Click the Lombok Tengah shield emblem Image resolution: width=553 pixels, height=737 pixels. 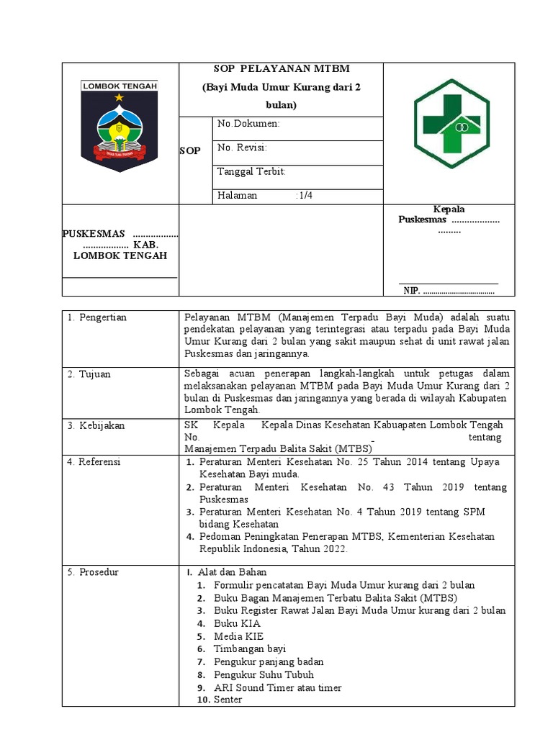[120, 125]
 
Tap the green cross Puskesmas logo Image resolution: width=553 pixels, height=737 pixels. [451, 123]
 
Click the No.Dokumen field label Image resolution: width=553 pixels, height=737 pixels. [248, 124]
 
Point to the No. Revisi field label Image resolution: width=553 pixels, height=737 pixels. [243, 148]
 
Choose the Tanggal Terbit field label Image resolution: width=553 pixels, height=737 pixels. [251, 171]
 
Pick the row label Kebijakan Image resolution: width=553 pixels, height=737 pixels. [96, 425]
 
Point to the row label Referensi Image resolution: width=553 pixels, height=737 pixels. [95, 461]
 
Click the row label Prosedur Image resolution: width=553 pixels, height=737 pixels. [94, 572]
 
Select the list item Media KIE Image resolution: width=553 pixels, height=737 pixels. [238, 636]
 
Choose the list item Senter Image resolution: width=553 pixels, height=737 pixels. [228, 700]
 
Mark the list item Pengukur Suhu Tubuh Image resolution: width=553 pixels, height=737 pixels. [264, 674]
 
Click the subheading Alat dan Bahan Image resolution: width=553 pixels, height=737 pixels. [232, 572]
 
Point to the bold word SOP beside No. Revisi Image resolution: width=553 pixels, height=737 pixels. [189, 151]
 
